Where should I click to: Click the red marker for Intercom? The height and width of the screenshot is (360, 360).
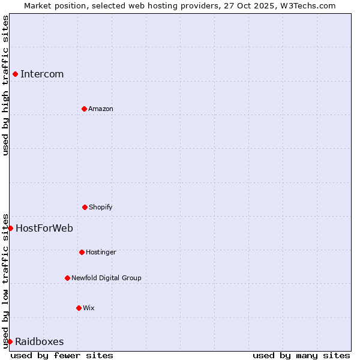(x=15, y=74)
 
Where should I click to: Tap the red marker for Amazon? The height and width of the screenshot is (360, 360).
(x=84, y=109)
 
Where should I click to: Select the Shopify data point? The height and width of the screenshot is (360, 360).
(x=85, y=207)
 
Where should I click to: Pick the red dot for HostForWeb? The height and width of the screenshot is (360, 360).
(x=10, y=228)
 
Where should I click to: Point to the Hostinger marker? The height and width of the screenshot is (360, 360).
(x=82, y=252)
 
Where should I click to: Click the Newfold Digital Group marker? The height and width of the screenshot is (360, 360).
(x=67, y=278)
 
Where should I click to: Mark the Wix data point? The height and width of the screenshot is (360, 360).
(x=79, y=308)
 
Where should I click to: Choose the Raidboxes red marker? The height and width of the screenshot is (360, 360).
(x=10, y=341)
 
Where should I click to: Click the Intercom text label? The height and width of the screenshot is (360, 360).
(x=42, y=74)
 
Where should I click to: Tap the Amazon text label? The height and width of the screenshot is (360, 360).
(x=101, y=109)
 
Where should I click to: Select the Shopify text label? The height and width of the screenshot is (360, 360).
(x=101, y=207)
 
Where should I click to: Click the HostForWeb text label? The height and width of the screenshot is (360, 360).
(x=44, y=228)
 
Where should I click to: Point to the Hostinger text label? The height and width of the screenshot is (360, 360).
(x=101, y=252)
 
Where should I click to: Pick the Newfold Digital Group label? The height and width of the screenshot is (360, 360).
(x=106, y=278)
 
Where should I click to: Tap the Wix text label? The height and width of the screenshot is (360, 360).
(x=89, y=308)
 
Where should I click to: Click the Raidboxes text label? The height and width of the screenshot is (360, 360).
(x=40, y=342)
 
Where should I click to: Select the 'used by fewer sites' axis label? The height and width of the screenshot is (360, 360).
(x=62, y=355)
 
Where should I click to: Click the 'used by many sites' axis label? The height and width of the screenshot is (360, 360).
(x=301, y=355)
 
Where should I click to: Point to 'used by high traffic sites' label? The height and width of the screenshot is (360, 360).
(x=5, y=85)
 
